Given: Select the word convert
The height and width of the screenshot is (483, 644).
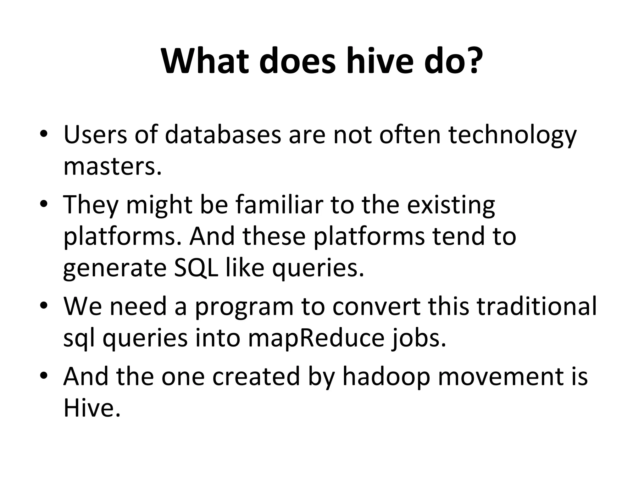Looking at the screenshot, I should tap(376, 306).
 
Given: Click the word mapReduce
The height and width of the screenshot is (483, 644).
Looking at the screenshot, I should tap(316, 339).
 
